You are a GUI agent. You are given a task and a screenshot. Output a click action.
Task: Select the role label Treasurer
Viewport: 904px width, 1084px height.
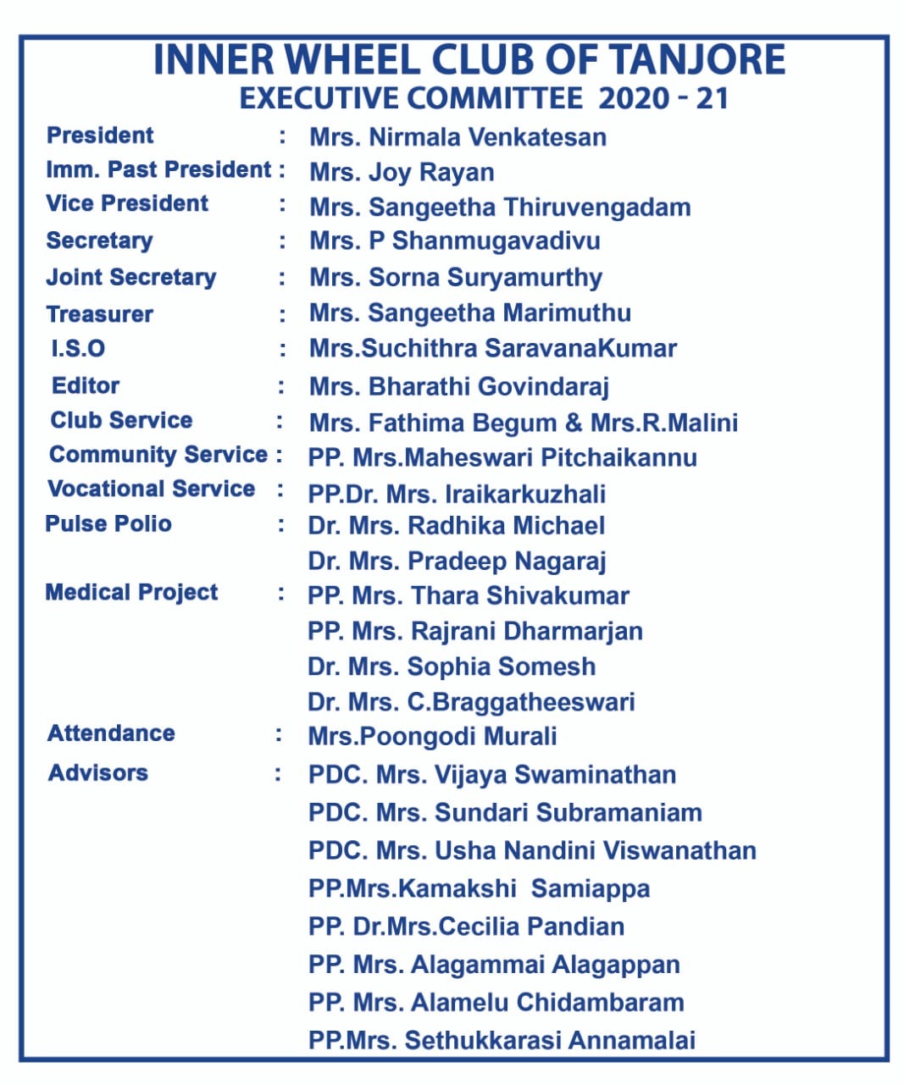[x=100, y=314]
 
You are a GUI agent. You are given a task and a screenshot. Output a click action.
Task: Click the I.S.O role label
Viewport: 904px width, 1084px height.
[x=78, y=348]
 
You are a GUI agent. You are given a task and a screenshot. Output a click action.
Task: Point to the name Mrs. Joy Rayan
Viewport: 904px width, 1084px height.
[x=402, y=172]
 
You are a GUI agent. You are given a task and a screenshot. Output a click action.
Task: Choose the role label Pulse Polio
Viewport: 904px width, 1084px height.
[x=108, y=523]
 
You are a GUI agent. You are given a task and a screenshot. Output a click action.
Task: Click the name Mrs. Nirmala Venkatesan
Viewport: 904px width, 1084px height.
[x=458, y=137]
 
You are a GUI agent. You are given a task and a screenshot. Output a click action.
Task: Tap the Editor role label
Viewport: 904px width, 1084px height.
[x=86, y=385]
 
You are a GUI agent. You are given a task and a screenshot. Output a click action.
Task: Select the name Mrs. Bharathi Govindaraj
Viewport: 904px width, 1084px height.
[x=459, y=387]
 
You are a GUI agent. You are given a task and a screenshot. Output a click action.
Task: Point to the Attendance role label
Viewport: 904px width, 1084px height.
[x=111, y=733]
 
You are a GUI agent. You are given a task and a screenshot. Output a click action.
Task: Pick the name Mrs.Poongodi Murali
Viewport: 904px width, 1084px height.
[x=432, y=736]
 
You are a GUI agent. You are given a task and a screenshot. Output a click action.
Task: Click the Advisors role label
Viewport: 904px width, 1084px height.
[x=98, y=772]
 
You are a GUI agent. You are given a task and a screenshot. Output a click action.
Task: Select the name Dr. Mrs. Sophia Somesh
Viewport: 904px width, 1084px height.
[x=452, y=666]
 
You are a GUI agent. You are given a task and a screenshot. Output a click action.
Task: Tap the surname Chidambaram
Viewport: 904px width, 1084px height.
[x=600, y=1002]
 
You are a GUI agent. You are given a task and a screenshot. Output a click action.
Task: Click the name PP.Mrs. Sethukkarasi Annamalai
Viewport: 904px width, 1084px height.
[x=502, y=1040]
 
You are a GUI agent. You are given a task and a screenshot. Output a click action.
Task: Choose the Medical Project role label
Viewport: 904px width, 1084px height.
[x=131, y=592]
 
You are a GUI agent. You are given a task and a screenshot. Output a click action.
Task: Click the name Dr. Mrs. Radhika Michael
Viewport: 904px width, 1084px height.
[x=456, y=525]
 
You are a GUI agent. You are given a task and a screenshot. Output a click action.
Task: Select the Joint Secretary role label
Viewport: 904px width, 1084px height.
[x=131, y=277]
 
